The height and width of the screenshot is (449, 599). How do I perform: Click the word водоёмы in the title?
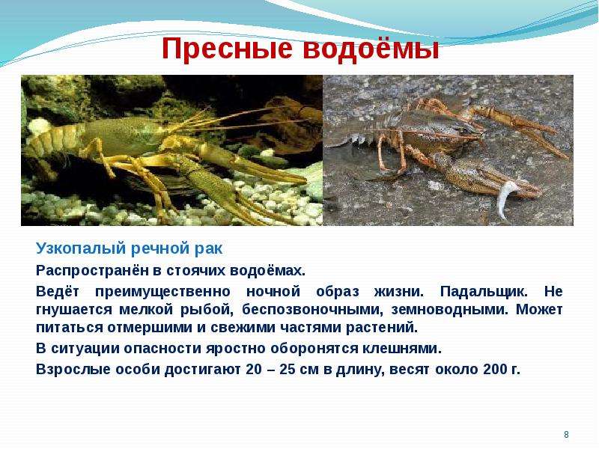pos(371,49)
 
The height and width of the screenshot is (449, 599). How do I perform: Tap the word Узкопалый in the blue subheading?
pos(81,249)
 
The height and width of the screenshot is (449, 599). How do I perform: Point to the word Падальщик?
pos(484,292)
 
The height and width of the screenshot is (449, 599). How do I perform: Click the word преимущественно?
pos(162,292)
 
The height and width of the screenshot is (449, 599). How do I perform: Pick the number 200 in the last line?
pos(496,369)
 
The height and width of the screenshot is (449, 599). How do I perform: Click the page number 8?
pos(566,435)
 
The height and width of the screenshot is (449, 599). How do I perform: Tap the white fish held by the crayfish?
pos(506,199)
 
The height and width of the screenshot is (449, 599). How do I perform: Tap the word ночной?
pos(273,292)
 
